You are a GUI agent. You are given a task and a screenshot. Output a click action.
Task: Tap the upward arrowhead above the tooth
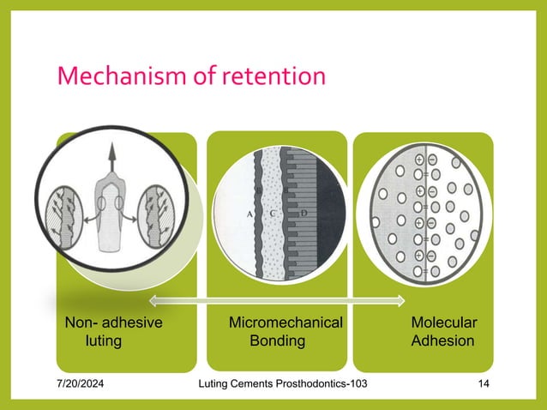(111, 152)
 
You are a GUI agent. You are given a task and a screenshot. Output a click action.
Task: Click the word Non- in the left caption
(81, 323)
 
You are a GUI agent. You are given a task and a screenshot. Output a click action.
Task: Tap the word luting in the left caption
(104, 341)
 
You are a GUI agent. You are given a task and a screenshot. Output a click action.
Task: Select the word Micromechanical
(286, 323)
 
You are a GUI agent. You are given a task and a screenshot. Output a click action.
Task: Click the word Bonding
(277, 341)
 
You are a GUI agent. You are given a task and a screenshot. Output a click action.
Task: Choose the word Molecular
(444, 323)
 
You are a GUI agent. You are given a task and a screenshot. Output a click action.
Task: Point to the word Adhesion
(442, 341)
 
